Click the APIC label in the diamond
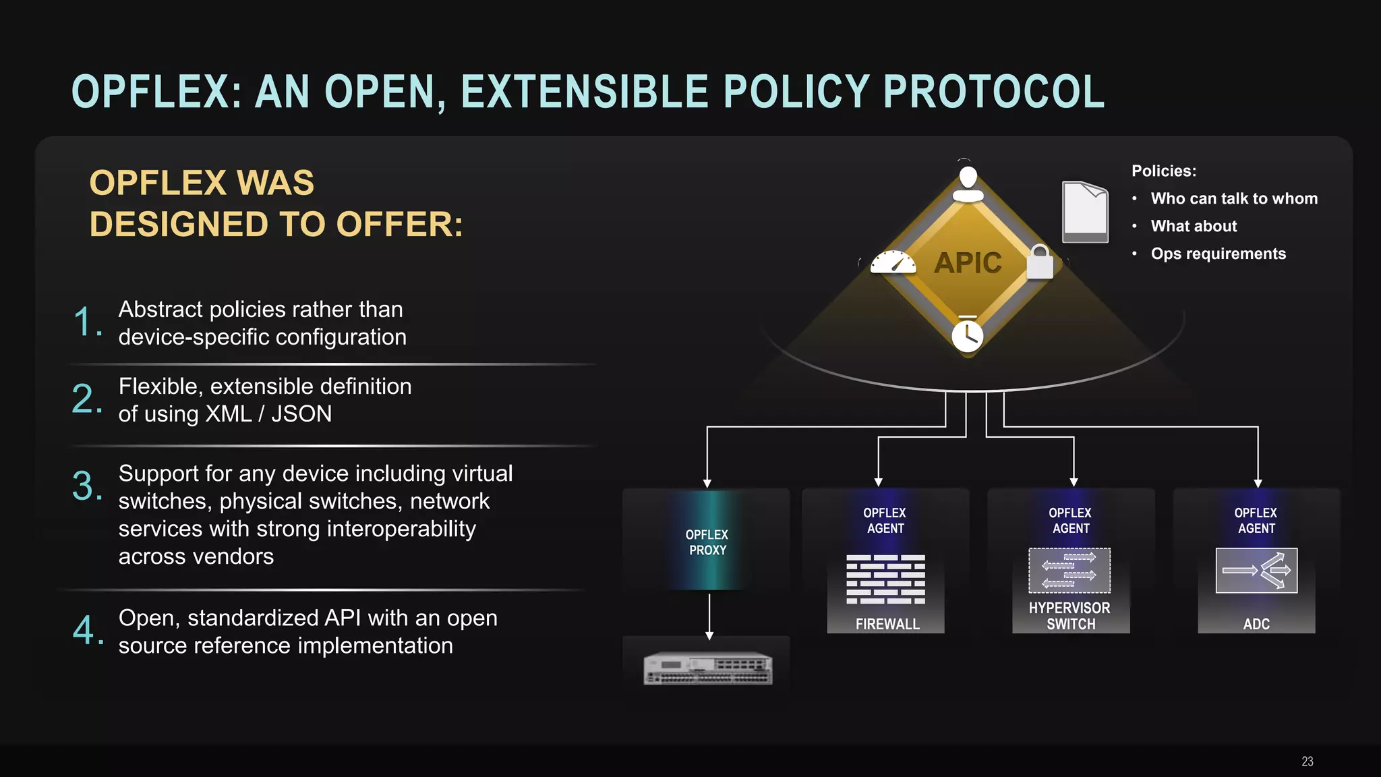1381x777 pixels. pyautogui.click(x=968, y=263)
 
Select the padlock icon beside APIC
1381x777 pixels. pyautogui.click(x=1040, y=262)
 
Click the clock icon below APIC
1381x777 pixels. pyautogui.click(x=968, y=335)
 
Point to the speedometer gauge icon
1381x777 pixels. pyautogui.click(x=893, y=262)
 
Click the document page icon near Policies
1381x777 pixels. pyautogui.click(x=1085, y=212)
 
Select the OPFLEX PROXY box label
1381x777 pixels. pyautogui.click(x=707, y=542)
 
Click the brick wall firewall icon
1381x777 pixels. pyautogui.click(x=885, y=579)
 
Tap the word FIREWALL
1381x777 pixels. pyautogui.click(x=887, y=624)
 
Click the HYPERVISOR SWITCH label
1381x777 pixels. pyautogui.click(x=1070, y=616)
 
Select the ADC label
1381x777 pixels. pyautogui.click(x=1256, y=624)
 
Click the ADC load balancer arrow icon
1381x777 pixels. pyautogui.click(x=1256, y=571)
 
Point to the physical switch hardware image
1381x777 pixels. pyautogui.click(x=707, y=668)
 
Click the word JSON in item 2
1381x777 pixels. pyautogui.click(x=301, y=413)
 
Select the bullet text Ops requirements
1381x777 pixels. pyautogui.click(x=1218, y=254)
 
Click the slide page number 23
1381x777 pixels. pyautogui.click(x=1307, y=761)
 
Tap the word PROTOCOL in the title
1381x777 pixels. pyautogui.click(x=993, y=92)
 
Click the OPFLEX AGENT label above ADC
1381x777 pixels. pyautogui.click(x=1256, y=521)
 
